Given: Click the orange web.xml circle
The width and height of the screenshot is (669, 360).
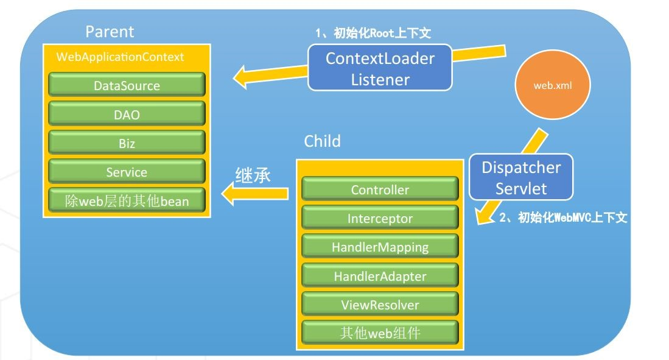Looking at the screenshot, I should (552, 86).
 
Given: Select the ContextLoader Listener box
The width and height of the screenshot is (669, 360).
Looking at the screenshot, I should (380, 68).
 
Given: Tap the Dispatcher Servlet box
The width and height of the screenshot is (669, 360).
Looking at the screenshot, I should (521, 177).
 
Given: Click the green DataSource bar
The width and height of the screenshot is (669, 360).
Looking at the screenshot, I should (127, 86).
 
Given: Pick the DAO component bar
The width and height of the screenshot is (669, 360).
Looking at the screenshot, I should (127, 115).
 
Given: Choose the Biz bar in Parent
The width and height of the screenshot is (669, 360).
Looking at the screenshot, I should (127, 144).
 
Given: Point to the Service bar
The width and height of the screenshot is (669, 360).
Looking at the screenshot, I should (127, 172).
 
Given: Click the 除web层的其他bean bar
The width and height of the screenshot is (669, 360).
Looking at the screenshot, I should (127, 201).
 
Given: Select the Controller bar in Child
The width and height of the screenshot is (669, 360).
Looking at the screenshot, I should (380, 189).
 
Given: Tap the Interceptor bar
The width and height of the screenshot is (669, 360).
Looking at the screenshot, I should (380, 218).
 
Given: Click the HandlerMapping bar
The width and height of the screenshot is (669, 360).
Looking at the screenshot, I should (380, 247).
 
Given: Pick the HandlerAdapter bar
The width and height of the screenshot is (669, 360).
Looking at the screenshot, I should (380, 276).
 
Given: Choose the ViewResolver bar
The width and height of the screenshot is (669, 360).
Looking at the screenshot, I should (380, 305).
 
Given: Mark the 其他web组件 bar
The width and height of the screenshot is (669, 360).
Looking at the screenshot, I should (380, 333).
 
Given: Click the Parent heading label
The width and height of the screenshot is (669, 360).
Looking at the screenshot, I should (110, 32).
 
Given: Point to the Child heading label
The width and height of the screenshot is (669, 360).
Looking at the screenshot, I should (322, 142).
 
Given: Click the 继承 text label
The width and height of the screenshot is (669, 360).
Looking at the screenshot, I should (253, 175).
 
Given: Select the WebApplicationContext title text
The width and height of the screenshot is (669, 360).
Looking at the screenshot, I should (120, 57).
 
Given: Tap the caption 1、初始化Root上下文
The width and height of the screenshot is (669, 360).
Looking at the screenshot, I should (373, 34).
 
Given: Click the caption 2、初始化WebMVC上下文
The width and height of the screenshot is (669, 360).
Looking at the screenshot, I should (562, 218).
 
